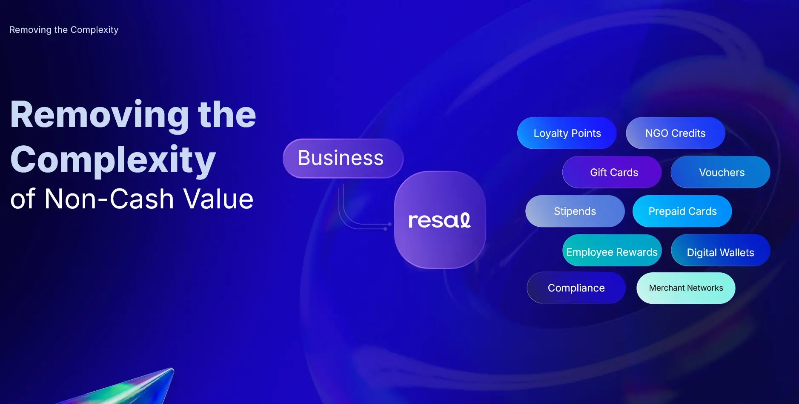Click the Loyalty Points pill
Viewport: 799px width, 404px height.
567,133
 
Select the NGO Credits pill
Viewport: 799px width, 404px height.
675,133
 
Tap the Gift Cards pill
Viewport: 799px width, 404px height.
612,172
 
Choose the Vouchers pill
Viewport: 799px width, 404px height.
720,172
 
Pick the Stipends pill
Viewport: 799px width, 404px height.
575,211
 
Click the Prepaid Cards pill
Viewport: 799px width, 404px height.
682,211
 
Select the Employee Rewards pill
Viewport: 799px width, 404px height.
612,250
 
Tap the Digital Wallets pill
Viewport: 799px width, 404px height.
720,250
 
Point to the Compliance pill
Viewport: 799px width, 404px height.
576,288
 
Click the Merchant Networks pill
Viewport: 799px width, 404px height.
686,288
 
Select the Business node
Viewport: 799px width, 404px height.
343,158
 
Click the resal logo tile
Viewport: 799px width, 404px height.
440,220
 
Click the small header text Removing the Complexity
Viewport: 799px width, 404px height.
64,30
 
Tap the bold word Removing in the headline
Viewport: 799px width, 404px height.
100,115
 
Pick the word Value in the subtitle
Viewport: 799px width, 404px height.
218,199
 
